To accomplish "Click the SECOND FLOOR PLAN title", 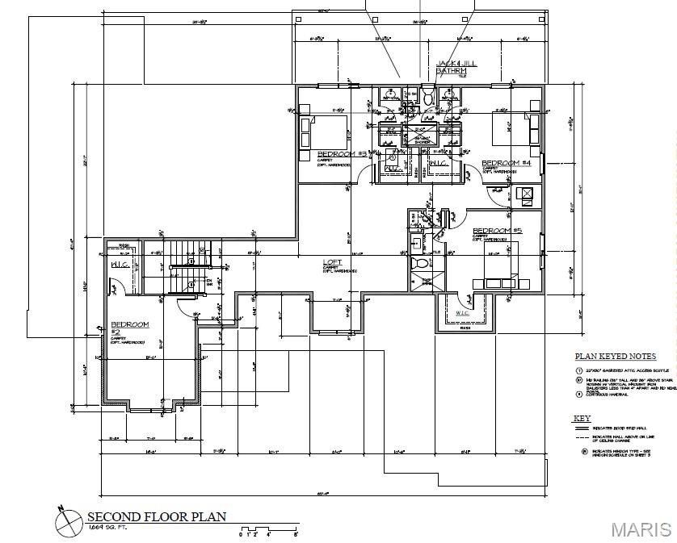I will [x=157, y=517].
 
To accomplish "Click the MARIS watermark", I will [x=641, y=529].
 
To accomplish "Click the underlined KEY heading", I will [x=582, y=419].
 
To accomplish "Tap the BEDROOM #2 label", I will [x=129, y=326].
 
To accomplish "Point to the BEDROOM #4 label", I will [x=506, y=162].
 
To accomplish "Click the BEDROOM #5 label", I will [x=498, y=231].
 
